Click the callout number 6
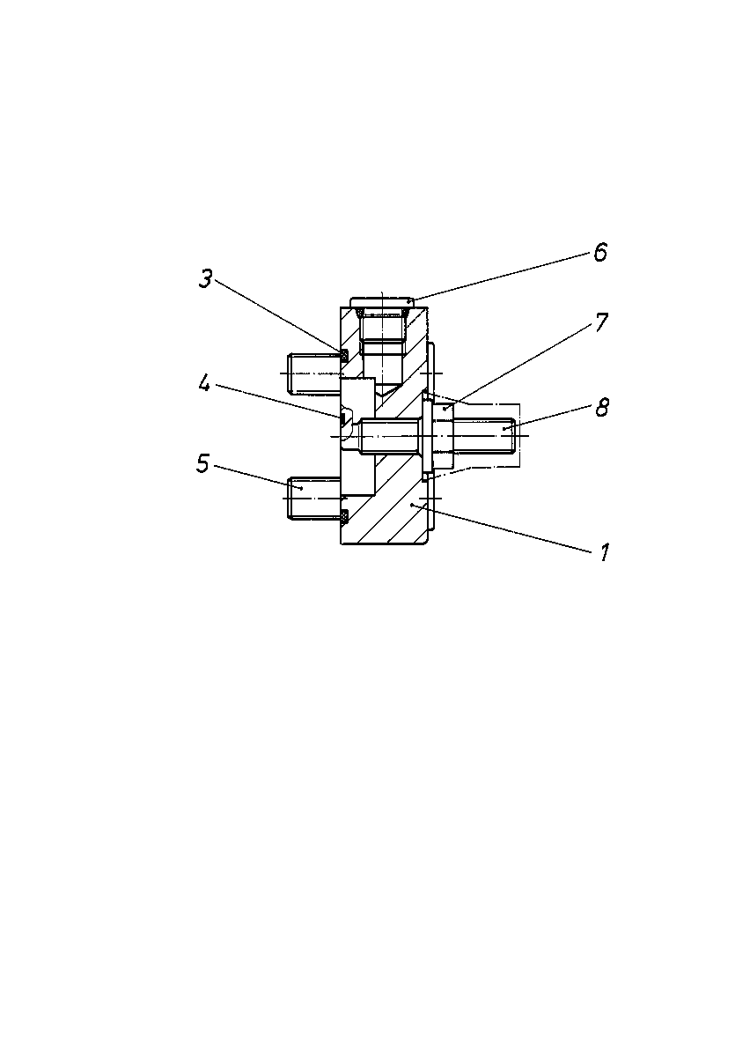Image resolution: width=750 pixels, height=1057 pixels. pos(600,252)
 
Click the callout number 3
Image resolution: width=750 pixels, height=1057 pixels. pos(206,279)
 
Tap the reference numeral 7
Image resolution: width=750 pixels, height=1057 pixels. pos(601,322)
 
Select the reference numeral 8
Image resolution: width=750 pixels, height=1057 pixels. pos(602,407)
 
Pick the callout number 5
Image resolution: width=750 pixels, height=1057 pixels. pos(202,463)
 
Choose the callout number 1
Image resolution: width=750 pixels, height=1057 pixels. pos(605,552)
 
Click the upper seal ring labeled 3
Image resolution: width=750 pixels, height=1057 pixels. pos(344,356)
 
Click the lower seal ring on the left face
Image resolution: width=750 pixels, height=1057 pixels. pos(344,516)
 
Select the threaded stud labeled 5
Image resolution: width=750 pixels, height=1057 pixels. pos(313,499)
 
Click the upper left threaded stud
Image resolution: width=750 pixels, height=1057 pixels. pos(313,373)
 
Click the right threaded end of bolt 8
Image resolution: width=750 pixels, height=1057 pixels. pos(484,435)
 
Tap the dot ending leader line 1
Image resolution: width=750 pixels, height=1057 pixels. pos(412,505)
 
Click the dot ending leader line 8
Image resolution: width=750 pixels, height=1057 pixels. pos(504,428)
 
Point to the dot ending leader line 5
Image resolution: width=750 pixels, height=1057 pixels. pos(301,489)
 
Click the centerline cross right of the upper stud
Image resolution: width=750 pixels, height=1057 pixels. pos(431,373)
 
